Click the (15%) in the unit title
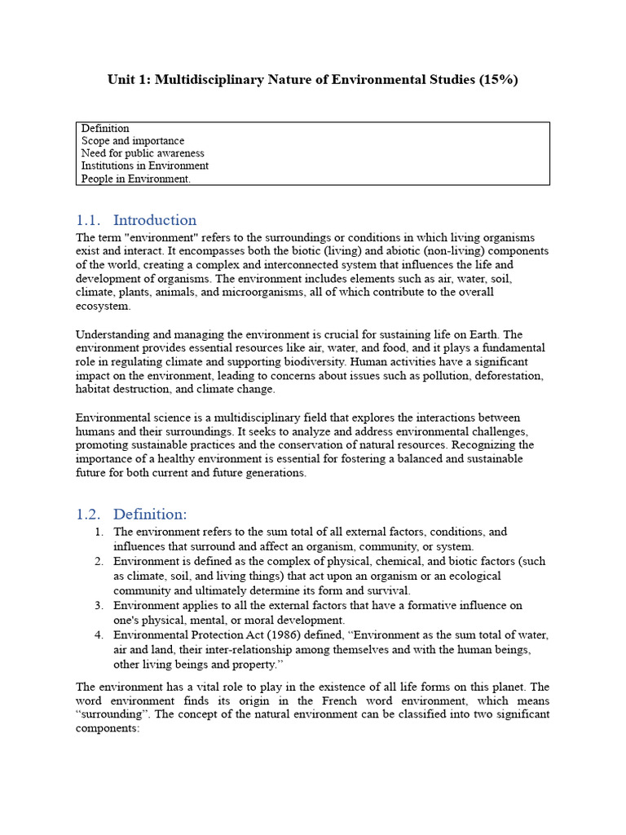[x=496, y=80]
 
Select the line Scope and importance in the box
[x=133, y=141]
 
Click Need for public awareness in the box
[x=143, y=153]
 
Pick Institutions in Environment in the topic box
[x=145, y=166]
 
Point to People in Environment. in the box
[x=136, y=179]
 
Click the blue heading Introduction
[x=155, y=220]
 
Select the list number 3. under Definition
[x=99, y=606]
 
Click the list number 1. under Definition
[x=99, y=532]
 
